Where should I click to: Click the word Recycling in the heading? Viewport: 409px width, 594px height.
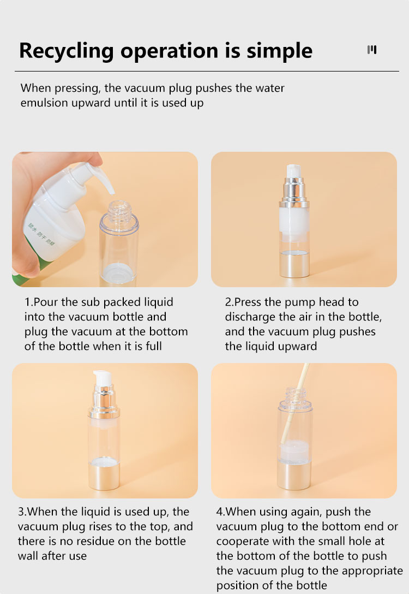[66, 51]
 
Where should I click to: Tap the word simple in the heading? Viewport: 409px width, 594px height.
[280, 51]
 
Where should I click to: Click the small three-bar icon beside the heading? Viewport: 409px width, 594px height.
[372, 50]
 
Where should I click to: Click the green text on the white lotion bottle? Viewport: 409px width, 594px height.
[40, 233]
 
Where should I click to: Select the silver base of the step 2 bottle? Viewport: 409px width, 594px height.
[294, 265]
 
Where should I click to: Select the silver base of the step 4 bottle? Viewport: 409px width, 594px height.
[294, 476]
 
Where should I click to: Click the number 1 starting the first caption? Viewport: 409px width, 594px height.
[27, 302]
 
